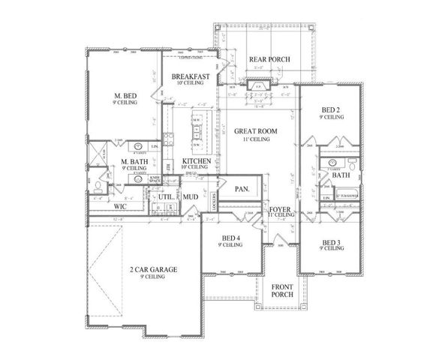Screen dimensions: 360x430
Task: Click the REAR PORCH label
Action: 269,60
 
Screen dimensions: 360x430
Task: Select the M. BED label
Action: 125,95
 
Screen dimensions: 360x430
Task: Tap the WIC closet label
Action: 119,205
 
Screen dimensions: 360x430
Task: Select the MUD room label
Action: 191,198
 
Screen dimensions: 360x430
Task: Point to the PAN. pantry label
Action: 242,189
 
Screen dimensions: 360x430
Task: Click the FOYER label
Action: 281,209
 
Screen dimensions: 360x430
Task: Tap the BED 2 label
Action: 331,110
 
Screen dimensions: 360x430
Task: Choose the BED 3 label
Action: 331,243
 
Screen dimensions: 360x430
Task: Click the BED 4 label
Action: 230,239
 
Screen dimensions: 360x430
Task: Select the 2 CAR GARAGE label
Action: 146,269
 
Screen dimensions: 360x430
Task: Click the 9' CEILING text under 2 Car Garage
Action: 146,277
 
